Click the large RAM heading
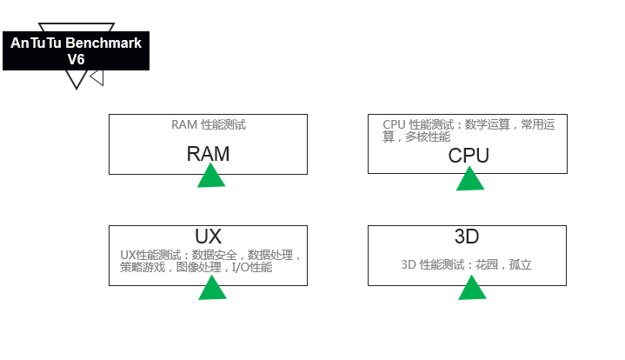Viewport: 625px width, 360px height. click(x=208, y=154)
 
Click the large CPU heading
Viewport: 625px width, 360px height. click(x=469, y=156)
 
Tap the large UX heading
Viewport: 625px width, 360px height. click(x=208, y=237)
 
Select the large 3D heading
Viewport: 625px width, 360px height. click(x=467, y=237)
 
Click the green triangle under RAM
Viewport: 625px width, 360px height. click(x=211, y=177)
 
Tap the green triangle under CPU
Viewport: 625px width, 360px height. click(x=470, y=179)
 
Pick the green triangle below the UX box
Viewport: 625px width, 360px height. click(x=212, y=289)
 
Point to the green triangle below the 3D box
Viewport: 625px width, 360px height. click(x=472, y=289)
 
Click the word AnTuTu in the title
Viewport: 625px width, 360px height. click(x=35, y=42)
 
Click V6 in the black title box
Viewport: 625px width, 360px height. click(x=76, y=59)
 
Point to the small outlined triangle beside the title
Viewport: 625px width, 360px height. click(x=97, y=77)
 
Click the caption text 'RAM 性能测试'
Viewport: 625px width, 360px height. click(x=208, y=124)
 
